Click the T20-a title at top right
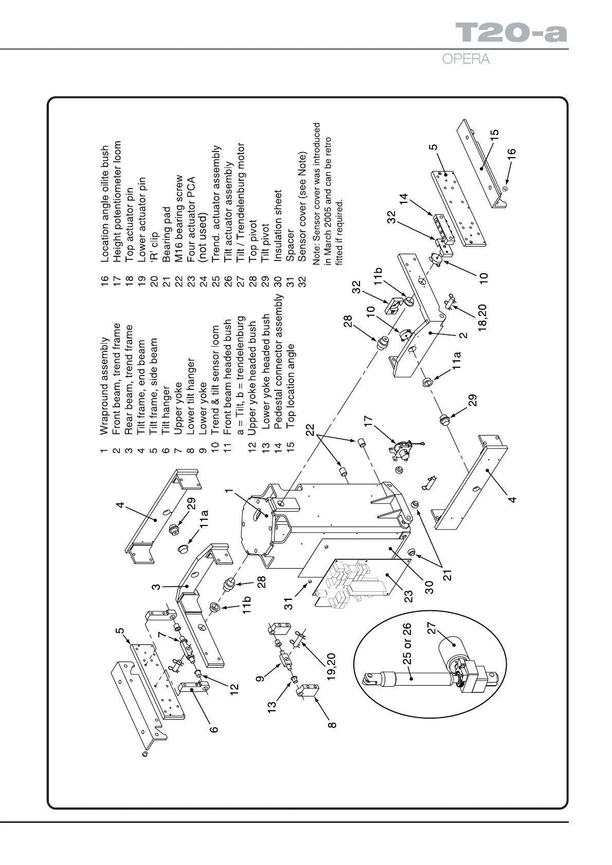click(x=511, y=33)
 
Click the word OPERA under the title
click(x=466, y=59)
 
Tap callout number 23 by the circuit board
click(x=408, y=596)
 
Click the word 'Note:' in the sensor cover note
click(x=316, y=255)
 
